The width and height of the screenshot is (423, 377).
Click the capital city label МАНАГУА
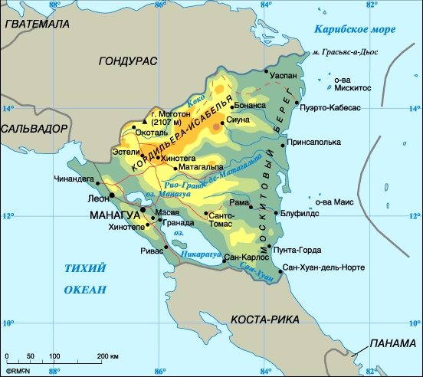(115, 214)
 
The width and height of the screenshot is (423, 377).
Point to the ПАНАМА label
(392, 344)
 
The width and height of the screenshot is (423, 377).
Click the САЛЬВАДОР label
(34, 129)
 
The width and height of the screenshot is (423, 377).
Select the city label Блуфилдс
(300, 215)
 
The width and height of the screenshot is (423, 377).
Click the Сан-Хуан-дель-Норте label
(323, 268)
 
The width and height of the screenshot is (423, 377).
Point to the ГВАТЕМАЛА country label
(36, 24)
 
